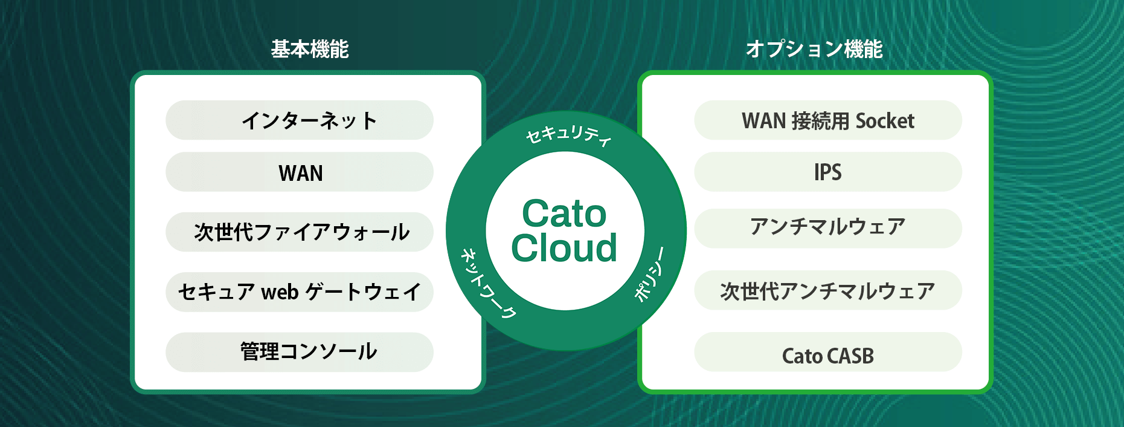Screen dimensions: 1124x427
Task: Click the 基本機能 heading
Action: click(310, 49)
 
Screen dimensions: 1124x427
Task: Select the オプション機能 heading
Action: click(814, 49)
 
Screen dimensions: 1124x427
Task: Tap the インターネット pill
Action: click(300, 120)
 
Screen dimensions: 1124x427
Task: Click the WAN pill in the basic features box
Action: click(300, 172)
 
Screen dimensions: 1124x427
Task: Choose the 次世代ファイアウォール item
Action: click(300, 232)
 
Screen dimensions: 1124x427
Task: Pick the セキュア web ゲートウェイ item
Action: click(300, 292)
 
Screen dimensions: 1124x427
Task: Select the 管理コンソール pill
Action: click(300, 352)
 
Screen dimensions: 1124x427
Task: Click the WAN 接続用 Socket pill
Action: click(828, 120)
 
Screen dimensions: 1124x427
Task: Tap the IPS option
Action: click(828, 172)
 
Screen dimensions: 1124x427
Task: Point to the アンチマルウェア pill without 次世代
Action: click(828, 229)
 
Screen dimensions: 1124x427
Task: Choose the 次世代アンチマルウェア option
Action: click(828, 290)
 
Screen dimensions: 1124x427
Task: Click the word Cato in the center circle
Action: click(564, 213)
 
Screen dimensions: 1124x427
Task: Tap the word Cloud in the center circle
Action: click(564, 248)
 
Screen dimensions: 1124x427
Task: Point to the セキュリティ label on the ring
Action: click(568, 135)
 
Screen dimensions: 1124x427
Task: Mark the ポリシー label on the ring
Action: click(650, 275)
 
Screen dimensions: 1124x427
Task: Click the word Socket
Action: click(885, 121)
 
